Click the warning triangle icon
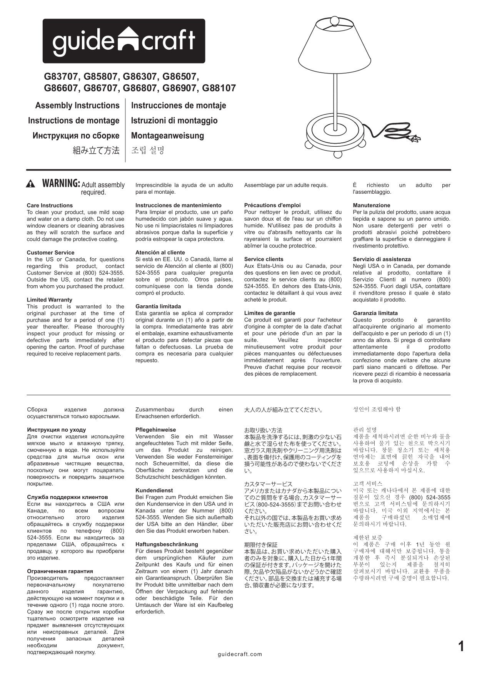click(31, 184)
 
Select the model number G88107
click(218, 88)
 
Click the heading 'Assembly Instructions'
click(77, 106)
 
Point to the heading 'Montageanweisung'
click(167, 136)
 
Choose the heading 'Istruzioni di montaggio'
click(174, 121)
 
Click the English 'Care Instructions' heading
click(50, 206)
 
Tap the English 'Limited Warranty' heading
click(49, 300)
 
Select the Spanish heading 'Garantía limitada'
click(158, 307)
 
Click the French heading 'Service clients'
click(264, 259)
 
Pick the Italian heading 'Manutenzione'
click(371, 206)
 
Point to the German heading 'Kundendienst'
click(154, 491)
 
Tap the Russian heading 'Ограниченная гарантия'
click(60, 571)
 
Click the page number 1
click(461, 646)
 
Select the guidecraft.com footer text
click(240, 654)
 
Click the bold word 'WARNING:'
click(61, 183)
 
